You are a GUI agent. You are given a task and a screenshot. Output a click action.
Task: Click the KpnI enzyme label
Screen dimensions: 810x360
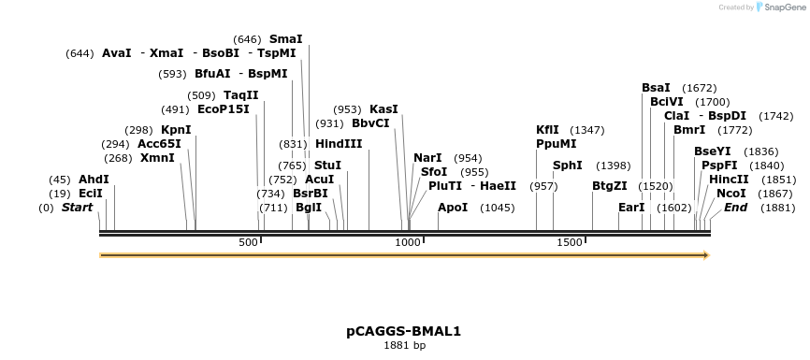coord(176,129)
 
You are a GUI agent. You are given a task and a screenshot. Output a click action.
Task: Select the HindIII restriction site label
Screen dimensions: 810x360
coord(339,144)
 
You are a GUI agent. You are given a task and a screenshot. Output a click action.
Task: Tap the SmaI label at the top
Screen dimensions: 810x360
coord(285,39)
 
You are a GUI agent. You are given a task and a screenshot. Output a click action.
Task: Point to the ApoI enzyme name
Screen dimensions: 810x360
coord(453,208)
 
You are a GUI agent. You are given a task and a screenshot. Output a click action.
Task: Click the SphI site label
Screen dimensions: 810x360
coord(568,166)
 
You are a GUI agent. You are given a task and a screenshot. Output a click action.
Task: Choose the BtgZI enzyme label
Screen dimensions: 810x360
coord(610,186)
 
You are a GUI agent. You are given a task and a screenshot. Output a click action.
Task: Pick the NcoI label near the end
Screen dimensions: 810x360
coord(731,193)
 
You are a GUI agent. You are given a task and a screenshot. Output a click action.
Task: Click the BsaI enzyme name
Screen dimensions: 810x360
coord(656,88)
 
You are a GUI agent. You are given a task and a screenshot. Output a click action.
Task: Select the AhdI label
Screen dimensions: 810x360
coord(94,180)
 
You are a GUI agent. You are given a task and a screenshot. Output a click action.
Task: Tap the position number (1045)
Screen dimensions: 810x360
coord(498,208)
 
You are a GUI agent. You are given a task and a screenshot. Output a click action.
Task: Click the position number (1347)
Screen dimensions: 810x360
coord(587,130)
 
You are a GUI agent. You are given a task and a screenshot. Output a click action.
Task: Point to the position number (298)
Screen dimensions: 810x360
coord(138,130)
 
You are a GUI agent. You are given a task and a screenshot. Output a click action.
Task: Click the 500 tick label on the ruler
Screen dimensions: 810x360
coord(248,243)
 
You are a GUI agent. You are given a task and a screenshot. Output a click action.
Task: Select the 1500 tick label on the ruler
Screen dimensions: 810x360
coord(570,243)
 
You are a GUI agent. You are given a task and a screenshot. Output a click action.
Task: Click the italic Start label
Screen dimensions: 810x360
coord(77,208)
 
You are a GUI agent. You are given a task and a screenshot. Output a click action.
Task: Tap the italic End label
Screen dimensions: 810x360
coord(735,208)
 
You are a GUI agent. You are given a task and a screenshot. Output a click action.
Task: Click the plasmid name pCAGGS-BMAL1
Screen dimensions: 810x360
coord(404,331)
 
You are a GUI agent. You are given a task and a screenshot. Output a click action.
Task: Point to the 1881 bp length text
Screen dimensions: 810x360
coord(404,346)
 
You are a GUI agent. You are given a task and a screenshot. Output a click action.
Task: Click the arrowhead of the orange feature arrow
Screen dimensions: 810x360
coord(706,255)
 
